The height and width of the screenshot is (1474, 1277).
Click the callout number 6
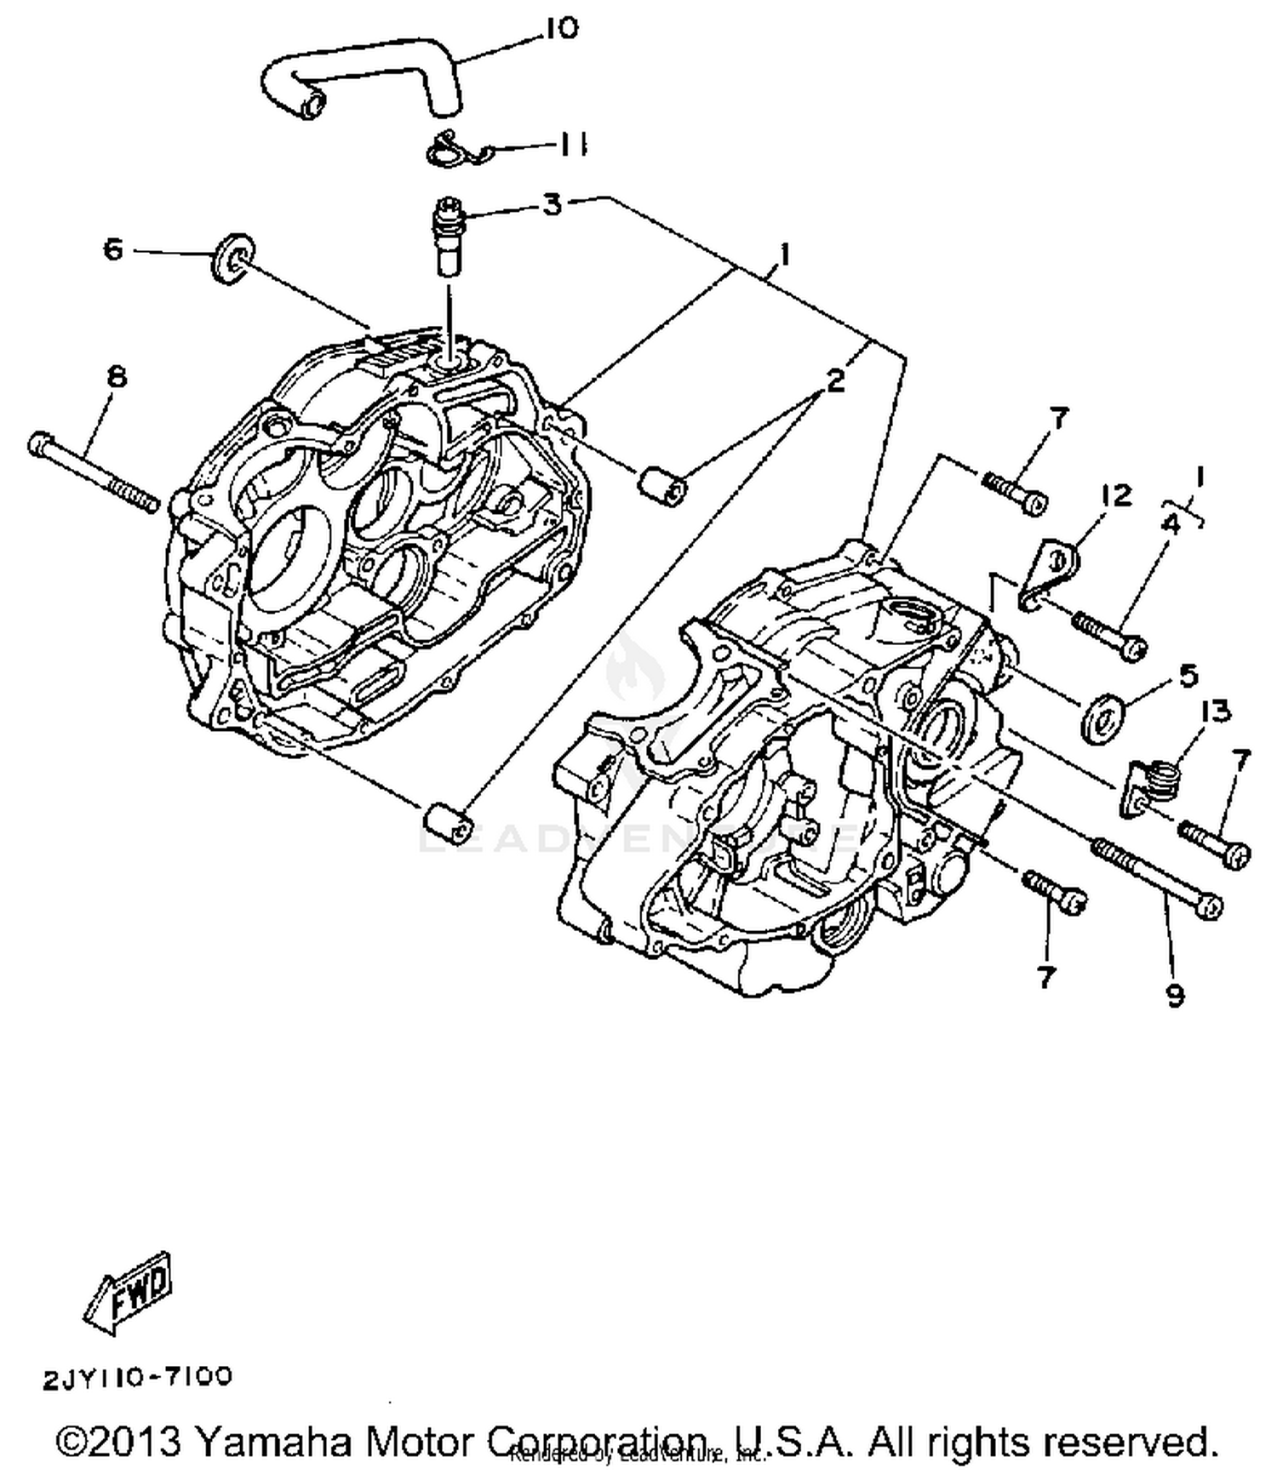coord(113,249)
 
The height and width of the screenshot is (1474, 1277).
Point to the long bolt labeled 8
coord(94,472)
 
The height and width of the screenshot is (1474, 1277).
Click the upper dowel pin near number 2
coord(662,487)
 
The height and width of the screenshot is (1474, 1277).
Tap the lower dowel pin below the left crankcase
coord(446,821)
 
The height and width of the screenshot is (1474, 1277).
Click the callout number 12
coord(1116,494)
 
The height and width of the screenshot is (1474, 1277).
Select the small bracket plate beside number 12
coord(1049,575)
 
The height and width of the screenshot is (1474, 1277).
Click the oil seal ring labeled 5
coord(1102,717)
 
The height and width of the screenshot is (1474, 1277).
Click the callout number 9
coord(1175,994)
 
